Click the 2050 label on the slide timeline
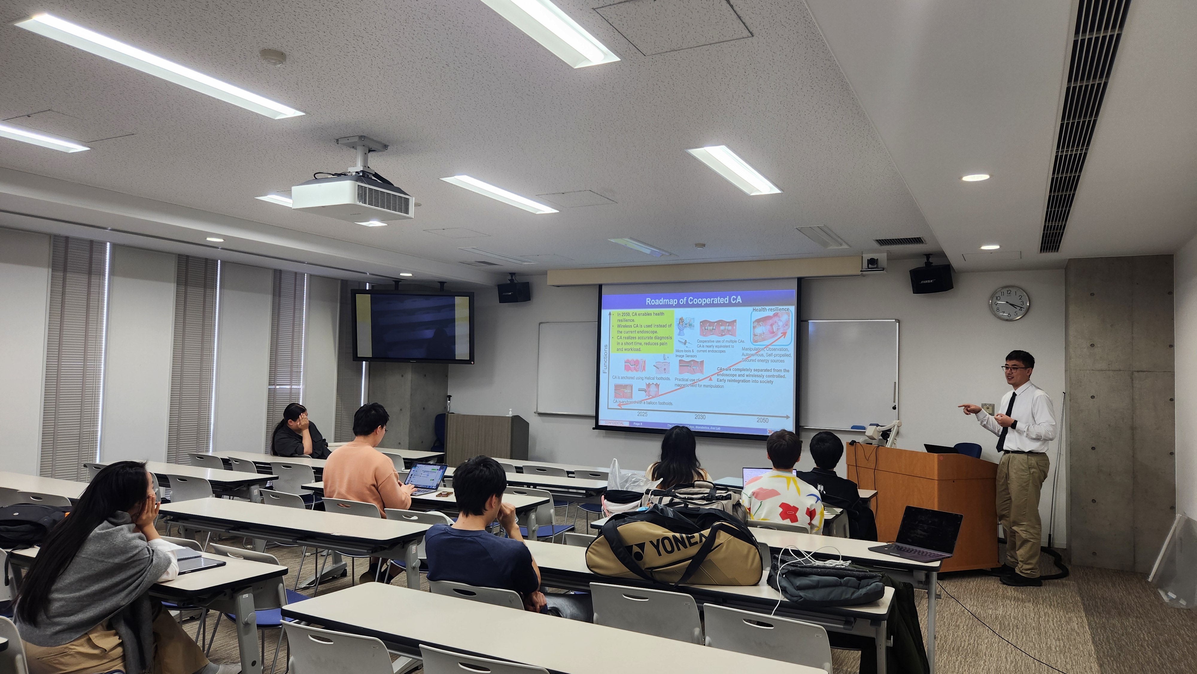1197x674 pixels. [x=762, y=420]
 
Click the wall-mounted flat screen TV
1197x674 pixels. [x=412, y=326]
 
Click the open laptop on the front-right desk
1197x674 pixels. [x=920, y=533]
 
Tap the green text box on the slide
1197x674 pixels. [x=641, y=331]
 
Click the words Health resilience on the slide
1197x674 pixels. [x=771, y=309]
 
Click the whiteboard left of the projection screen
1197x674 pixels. [x=566, y=367]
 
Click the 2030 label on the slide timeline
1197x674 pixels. [x=700, y=417]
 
